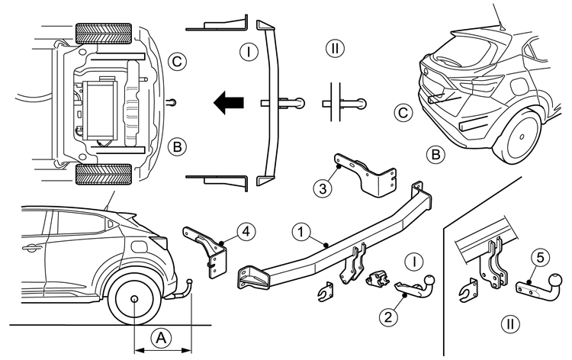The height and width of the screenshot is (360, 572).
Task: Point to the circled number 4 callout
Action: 241,229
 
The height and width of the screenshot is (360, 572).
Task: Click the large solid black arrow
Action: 229,101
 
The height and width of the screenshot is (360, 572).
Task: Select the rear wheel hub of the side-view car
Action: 134,300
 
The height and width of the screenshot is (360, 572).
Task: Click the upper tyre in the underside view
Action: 105,34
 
